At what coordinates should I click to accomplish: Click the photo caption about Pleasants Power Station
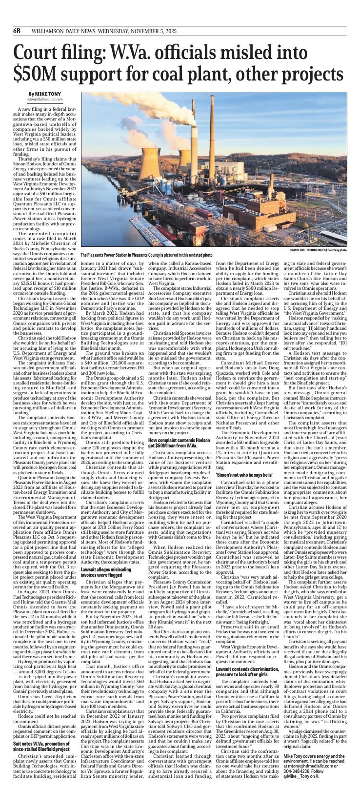click(x=146, y=255)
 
